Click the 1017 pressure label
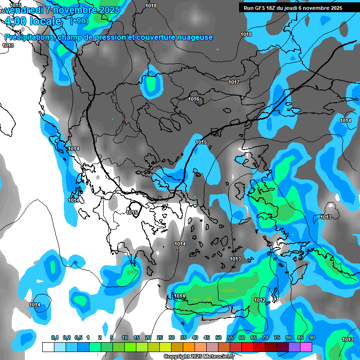[x=234, y=82]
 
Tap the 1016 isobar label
[x=194, y=99]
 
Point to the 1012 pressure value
[x=260, y=300]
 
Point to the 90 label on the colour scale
[x=312, y=337]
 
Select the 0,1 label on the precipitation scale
[x=55, y=337]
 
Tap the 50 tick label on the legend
[x=218, y=337]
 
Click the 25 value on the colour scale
[x=160, y=337]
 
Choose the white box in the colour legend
[x=48, y=347]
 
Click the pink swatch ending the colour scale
[x=306, y=347]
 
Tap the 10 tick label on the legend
[x=125, y=337]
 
